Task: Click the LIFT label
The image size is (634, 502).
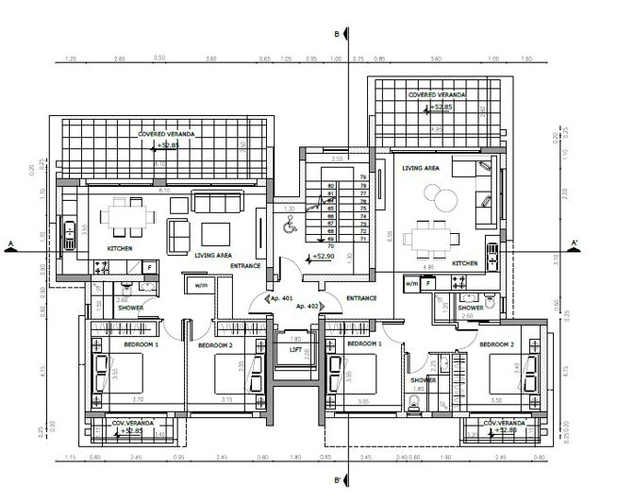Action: coord(295,349)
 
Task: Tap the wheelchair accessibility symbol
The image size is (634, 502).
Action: coord(290,224)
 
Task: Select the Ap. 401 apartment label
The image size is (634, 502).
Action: coord(281,298)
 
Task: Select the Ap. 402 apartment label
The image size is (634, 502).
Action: coord(307,307)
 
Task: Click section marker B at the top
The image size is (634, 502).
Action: coord(337,35)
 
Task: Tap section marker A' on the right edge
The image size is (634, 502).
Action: coord(575,242)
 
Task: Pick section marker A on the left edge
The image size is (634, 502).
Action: coord(9,243)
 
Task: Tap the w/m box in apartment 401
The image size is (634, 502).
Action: coord(200,284)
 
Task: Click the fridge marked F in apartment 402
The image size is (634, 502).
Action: coord(427,282)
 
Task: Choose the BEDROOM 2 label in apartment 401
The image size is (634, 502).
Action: coord(215,345)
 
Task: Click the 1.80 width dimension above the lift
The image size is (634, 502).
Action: coord(294,338)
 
